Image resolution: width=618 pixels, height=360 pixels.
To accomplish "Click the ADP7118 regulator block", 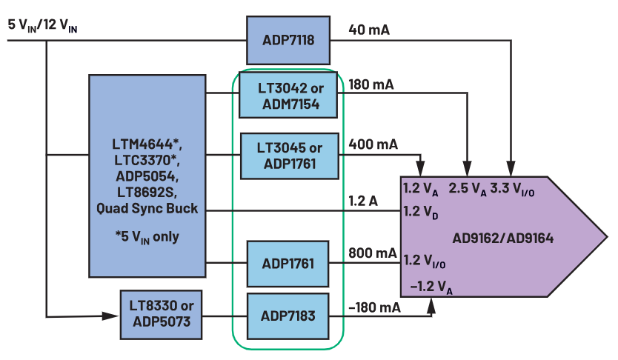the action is tap(288, 40).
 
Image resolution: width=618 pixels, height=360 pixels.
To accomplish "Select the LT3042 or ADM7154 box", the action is tap(288, 95).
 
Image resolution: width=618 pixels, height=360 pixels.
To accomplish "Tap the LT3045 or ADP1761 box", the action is tap(290, 156).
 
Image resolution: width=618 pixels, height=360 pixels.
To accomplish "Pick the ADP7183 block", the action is tap(288, 316).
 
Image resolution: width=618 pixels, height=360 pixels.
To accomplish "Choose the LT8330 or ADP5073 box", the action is tap(162, 315).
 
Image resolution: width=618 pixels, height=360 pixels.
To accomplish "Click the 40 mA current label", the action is tap(369, 30).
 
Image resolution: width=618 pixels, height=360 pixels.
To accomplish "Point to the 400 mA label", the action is tap(373, 144).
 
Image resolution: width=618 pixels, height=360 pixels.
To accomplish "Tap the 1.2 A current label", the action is tap(363, 201).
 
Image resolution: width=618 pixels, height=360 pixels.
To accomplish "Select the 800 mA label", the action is tap(373, 253).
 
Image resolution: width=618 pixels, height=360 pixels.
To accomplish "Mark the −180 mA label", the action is tap(374, 307).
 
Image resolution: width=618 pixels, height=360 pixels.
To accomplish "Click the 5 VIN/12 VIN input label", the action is tap(42, 26).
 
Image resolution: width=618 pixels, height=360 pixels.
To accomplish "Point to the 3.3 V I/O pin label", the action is tap(512, 190).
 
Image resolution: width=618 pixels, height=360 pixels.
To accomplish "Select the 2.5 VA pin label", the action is tap(468, 190).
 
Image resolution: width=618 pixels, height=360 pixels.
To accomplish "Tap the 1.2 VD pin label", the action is tap(421, 213).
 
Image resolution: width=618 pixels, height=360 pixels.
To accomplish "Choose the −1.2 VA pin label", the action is tap(431, 287).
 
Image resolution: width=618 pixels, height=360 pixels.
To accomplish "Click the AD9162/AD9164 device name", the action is tap(503, 239).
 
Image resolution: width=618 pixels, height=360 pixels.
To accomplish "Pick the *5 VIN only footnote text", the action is tap(147, 237).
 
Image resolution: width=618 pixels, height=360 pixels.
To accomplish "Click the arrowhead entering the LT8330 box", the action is tap(110, 316).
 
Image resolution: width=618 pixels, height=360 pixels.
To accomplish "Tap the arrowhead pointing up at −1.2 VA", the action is tap(431, 306).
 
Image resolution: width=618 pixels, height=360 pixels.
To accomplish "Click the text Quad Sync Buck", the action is tap(147, 208).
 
